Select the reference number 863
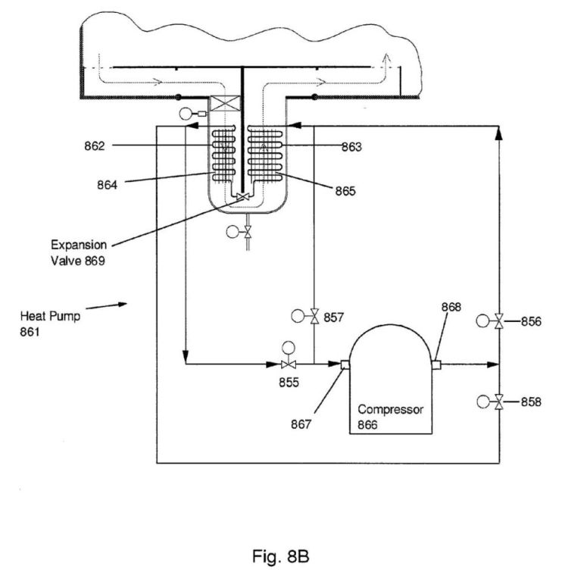[x=350, y=147]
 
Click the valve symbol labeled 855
[x=288, y=364]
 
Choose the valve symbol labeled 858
[x=498, y=402]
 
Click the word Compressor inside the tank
[x=390, y=408]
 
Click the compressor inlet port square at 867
[x=344, y=364]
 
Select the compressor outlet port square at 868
[x=436, y=364]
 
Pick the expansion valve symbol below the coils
[x=243, y=198]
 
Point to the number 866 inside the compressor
[x=370, y=424]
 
